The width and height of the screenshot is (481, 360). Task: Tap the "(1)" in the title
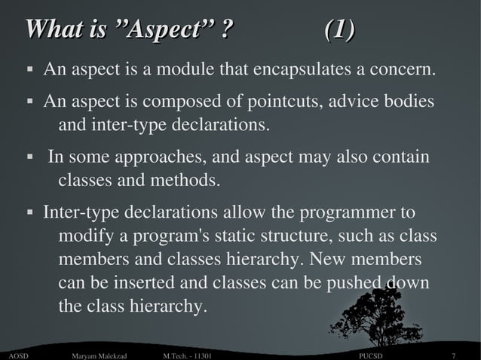coord(339,31)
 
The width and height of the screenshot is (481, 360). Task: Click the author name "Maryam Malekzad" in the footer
coord(98,355)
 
